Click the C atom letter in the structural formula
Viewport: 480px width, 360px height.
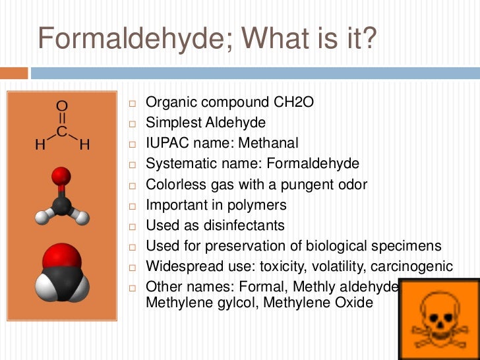[61, 132]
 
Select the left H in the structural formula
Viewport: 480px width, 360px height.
[40, 145]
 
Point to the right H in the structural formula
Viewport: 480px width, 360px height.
[84, 145]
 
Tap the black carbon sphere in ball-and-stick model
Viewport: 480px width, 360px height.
[61, 205]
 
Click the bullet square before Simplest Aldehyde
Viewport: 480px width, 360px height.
[132, 123]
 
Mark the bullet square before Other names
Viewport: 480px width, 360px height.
[132, 287]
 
